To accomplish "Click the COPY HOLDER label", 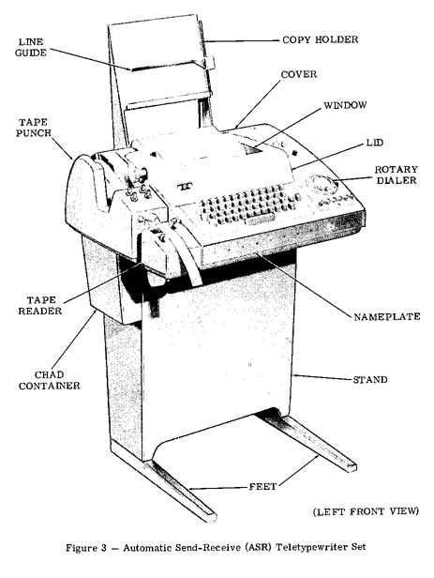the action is (x=320, y=39).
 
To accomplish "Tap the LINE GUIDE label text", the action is (x=31, y=47).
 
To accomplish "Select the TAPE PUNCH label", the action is (x=33, y=128).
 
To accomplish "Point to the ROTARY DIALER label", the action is (x=397, y=175).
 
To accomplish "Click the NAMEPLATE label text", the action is (x=387, y=316).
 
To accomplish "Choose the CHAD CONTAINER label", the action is (x=50, y=380).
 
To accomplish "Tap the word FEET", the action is (x=262, y=487).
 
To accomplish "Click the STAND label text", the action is (x=370, y=380).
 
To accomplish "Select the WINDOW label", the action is (x=345, y=105).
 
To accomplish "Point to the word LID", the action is (x=374, y=143).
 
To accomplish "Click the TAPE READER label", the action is (x=40, y=306).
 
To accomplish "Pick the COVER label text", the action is (x=298, y=74).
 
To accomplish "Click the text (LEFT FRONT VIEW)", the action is (x=366, y=511).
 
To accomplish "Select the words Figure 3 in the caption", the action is (x=86, y=547).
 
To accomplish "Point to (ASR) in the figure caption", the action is (x=258, y=547).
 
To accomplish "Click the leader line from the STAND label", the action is (x=322, y=377).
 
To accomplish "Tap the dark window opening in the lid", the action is (x=254, y=149).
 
